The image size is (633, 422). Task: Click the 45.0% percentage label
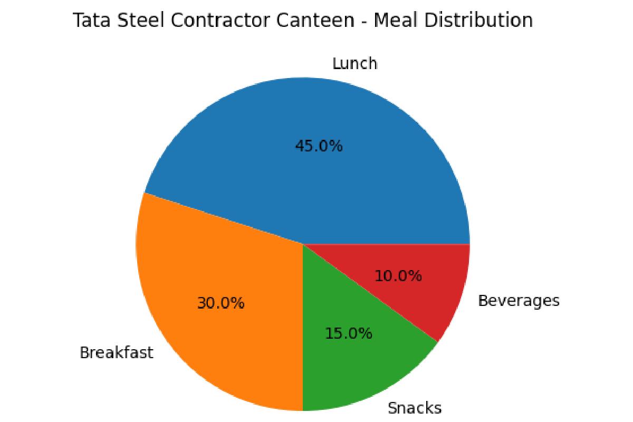(x=319, y=146)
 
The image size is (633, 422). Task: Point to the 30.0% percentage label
(x=220, y=303)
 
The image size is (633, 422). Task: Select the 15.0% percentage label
(x=349, y=333)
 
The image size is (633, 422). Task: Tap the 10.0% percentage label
(x=398, y=275)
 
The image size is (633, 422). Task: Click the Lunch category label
(x=354, y=64)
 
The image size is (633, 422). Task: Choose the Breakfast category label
(x=116, y=352)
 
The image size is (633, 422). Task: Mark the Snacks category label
(x=414, y=408)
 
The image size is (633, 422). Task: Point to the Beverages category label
(x=518, y=301)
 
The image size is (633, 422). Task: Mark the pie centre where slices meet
(x=303, y=244)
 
